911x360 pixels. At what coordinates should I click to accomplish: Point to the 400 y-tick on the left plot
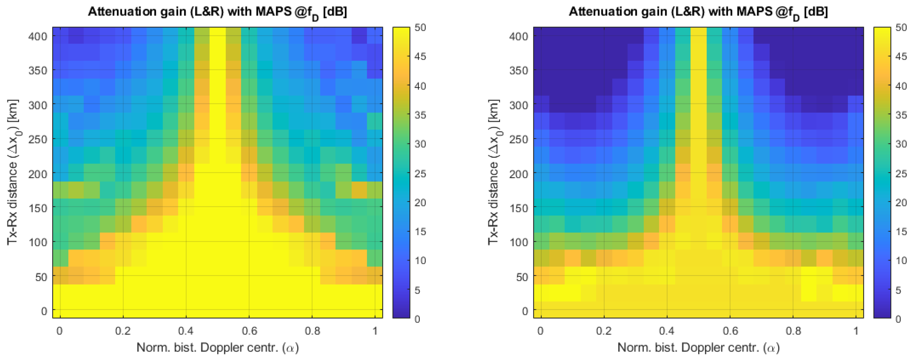[x=38, y=36]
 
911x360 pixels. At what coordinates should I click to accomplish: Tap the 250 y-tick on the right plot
[x=519, y=139]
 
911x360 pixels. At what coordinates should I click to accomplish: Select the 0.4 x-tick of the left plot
[x=186, y=331]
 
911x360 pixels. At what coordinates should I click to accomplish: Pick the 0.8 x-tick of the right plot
[x=793, y=331]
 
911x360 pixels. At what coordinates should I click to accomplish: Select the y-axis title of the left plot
[x=13, y=172]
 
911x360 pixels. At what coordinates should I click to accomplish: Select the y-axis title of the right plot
[x=494, y=172]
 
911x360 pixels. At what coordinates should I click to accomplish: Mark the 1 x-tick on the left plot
[x=375, y=331]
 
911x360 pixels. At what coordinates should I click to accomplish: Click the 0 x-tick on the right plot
[x=540, y=331]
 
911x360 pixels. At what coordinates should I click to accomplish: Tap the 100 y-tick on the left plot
[x=38, y=242]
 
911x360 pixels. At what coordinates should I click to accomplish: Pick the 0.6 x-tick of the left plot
[x=249, y=331]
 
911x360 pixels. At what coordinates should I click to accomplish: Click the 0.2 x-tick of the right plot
[x=604, y=331]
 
